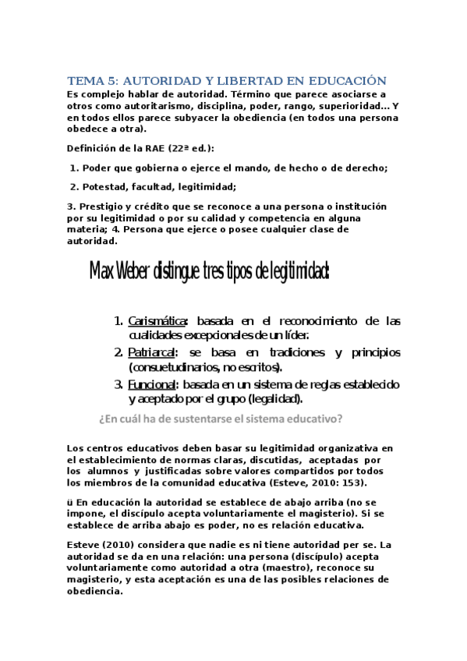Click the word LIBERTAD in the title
[x=239, y=81]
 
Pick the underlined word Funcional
[x=153, y=384]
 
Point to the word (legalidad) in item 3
[x=278, y=399]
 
